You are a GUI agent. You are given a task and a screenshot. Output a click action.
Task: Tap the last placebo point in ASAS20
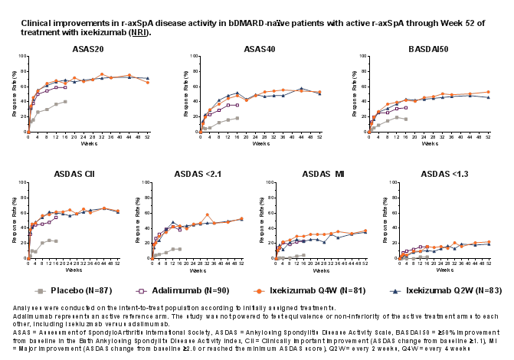coord(65,101)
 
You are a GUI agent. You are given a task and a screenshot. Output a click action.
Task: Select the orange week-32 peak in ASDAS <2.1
coord(207,214)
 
